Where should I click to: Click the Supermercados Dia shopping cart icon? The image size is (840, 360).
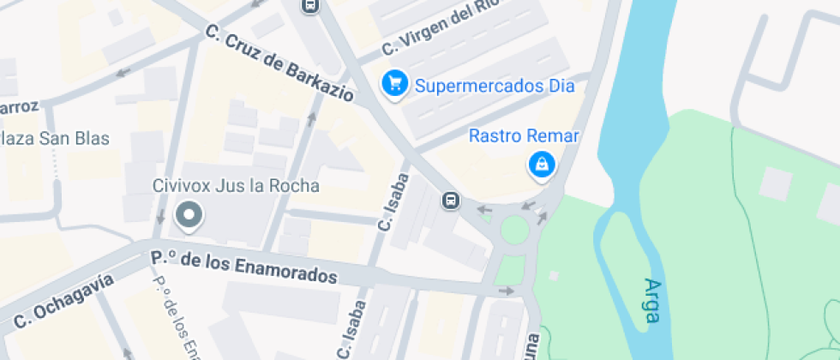tap(394, 84)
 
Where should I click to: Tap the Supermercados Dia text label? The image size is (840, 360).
tap(495, 86)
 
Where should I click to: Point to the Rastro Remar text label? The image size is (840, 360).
tap(525, 136)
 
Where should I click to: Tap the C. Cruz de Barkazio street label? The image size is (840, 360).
tap(279, 64)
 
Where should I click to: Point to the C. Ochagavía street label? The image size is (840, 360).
tap(64, 300)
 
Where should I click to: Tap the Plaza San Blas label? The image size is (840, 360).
tap(55, 138)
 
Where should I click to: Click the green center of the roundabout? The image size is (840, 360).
tap(514, 230)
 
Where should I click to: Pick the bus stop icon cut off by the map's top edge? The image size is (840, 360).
tap(309, 5)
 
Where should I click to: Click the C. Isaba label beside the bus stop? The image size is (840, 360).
tap(393, 202)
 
